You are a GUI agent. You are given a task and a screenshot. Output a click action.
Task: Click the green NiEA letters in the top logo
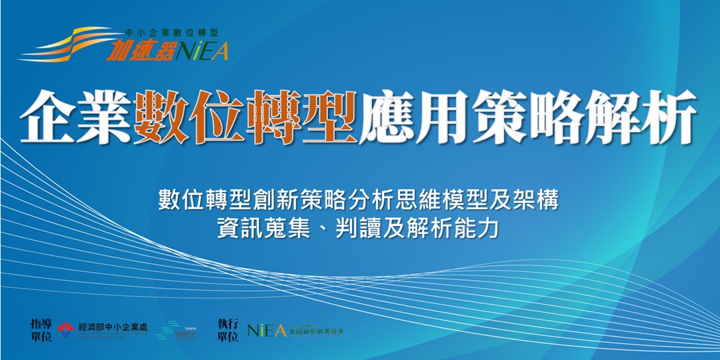[203, 51]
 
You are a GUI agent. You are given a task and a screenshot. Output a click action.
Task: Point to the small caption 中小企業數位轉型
[171, 32]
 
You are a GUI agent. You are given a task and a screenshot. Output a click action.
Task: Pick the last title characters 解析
[639, 119]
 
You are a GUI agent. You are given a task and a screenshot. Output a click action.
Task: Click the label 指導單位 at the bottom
[41, 329]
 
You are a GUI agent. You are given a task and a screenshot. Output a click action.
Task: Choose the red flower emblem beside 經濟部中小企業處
[65, 329]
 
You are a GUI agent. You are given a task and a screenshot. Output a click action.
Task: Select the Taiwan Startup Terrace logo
[175, 331]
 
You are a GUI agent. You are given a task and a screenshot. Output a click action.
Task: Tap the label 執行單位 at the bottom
[227, 329]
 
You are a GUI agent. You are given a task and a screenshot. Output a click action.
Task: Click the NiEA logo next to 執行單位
[267, 330]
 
